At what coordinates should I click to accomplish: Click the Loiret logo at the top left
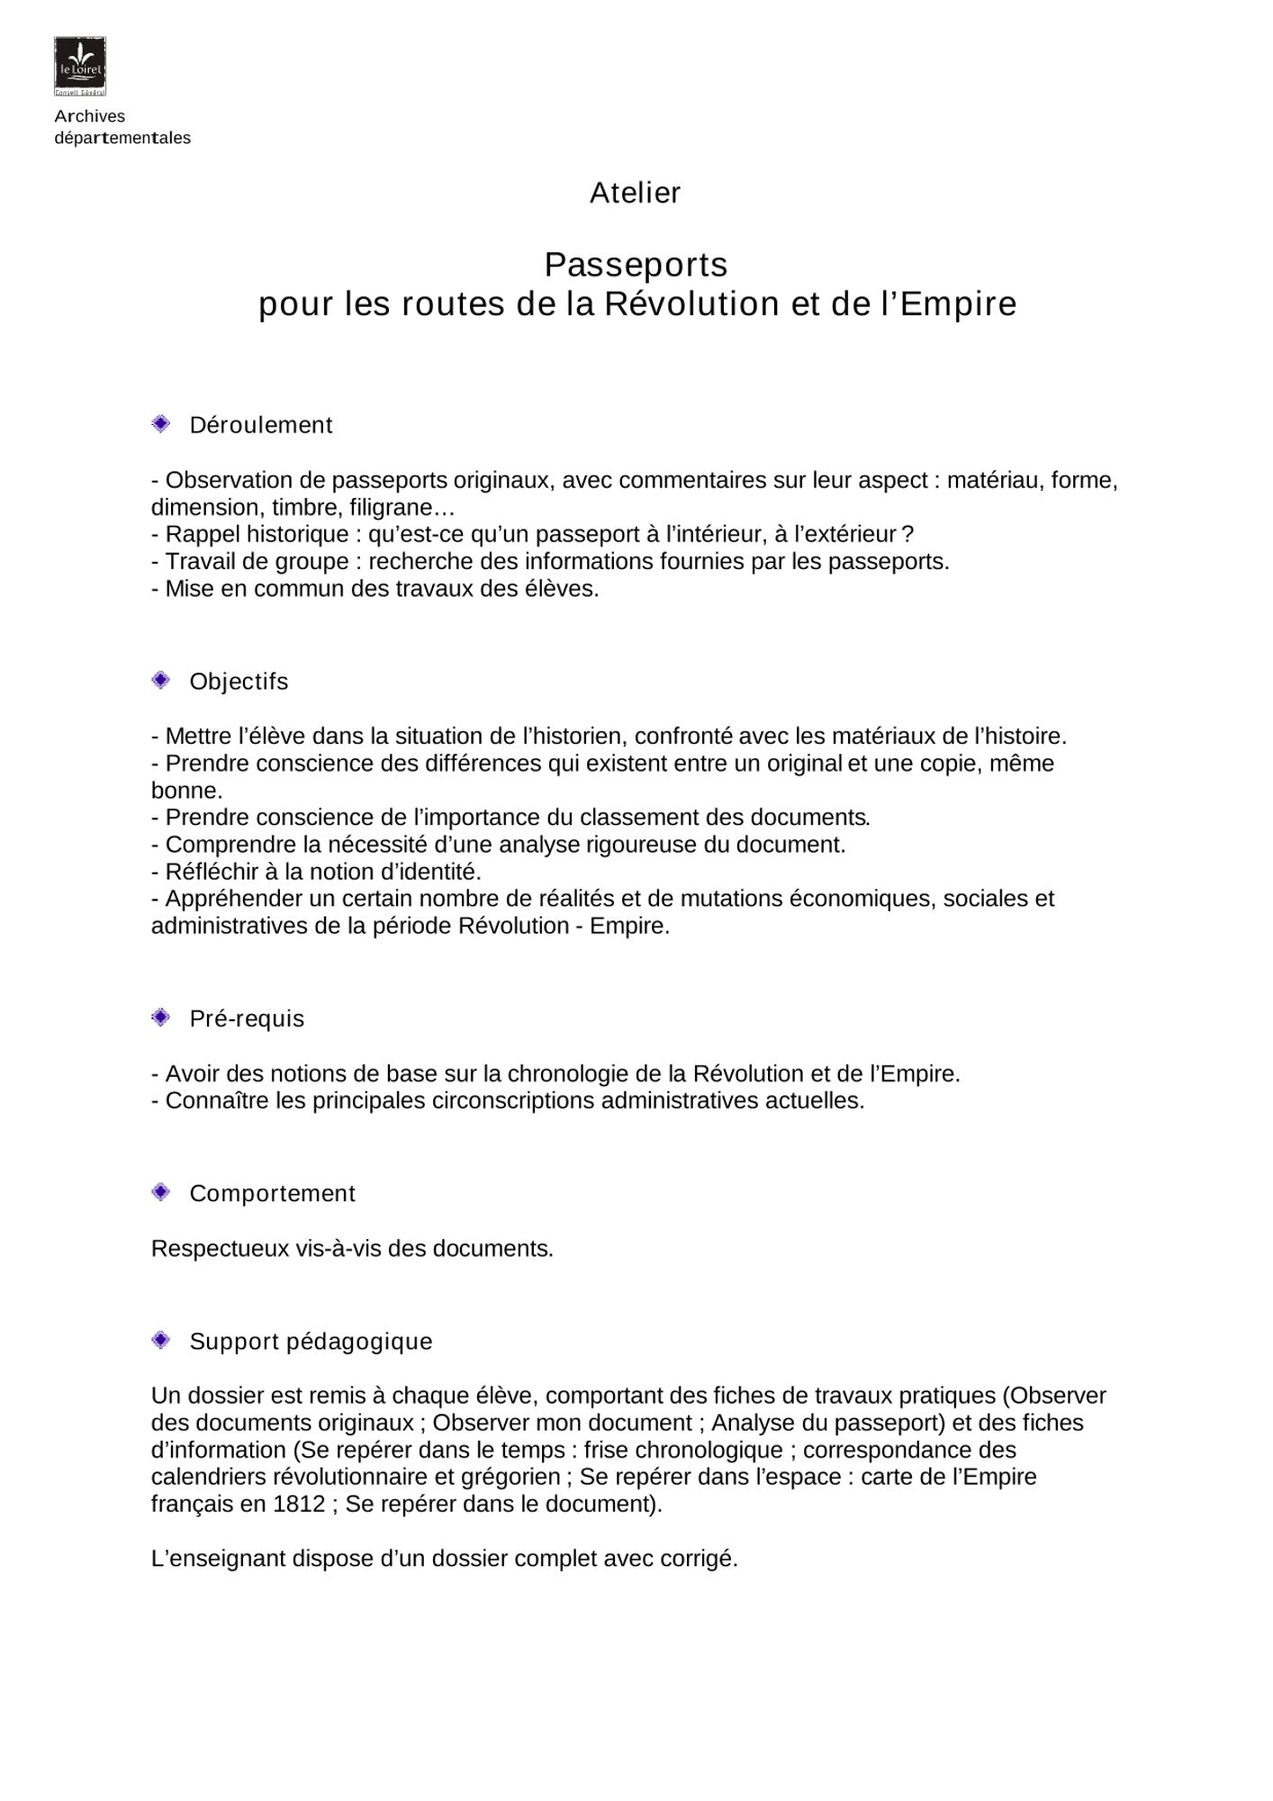coord(80,66)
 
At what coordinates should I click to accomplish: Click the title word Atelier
coord(635,193)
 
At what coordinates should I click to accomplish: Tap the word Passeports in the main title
coord(636,265)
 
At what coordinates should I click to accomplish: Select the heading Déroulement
coord(261,425)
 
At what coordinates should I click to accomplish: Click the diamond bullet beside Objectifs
coord(161,680)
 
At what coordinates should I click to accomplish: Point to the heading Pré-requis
coord(247,1018)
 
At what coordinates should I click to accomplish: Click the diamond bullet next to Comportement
coord(161,1192)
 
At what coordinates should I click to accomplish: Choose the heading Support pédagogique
coord(311,1341)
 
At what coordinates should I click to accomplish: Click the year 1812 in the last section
coord(299,1504)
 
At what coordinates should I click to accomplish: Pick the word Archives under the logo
coord(90,116)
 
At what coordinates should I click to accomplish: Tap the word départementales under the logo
coord(122,138)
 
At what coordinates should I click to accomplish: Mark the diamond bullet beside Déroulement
coord(161,423)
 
